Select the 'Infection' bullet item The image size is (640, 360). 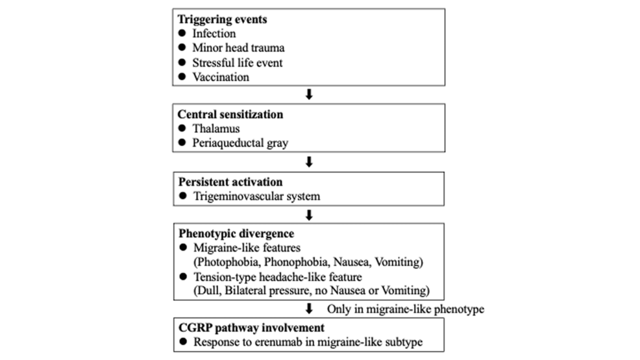pos(214,34)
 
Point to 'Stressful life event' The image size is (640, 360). pos(238,63)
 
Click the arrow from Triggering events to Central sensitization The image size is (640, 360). pos(309,95)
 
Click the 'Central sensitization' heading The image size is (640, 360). pos(230,114)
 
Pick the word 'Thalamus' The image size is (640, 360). pos(215,128)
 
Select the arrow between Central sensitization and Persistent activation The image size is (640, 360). pos(309,160)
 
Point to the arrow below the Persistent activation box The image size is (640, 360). pos(309,213)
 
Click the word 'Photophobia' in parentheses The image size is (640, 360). pos(227,261)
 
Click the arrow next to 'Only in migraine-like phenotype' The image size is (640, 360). pos(309,309)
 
